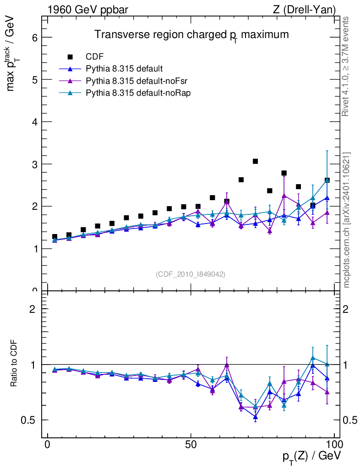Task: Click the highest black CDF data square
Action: click(255, 161)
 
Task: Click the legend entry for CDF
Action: click(95, 57)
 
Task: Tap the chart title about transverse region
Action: click(191, 35)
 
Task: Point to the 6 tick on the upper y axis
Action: click(34, 38)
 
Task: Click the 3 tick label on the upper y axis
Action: click(34, 164)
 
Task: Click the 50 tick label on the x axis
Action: click(191, 446)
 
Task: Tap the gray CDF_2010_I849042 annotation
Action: click(191, 274)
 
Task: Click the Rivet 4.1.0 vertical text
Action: click(346, 66)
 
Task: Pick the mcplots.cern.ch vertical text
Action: click(347, 220)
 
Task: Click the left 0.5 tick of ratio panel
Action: click(31, 420)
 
